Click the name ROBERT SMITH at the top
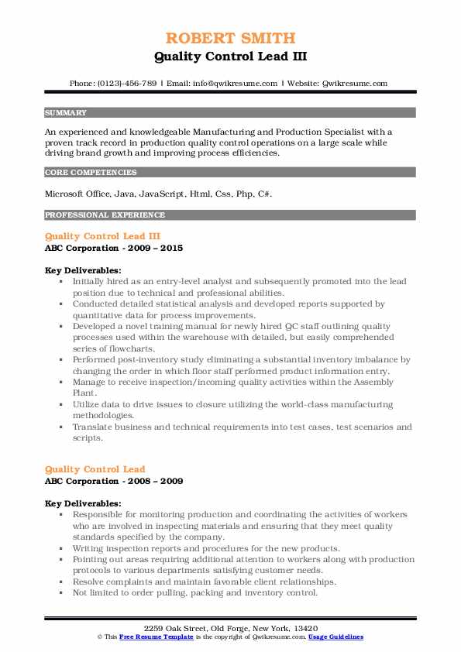(x=230, y=38)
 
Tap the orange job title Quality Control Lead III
(x=102, y=235)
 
